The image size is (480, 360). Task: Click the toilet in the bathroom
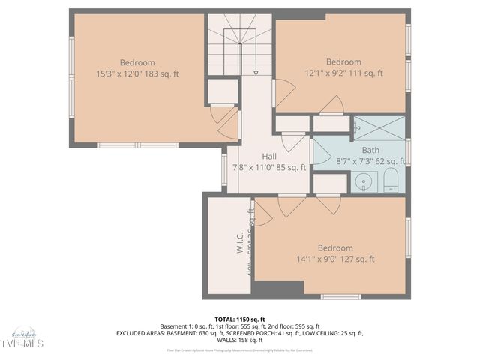point(390,181)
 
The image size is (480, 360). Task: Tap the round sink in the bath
point(366,181)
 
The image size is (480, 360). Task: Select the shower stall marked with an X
point(379,127)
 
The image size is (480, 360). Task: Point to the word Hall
point(269,157)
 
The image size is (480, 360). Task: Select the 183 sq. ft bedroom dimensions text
point(137,73)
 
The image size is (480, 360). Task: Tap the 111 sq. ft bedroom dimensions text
point(343,73)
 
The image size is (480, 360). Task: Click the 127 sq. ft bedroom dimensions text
point(334,259)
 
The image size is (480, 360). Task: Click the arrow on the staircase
point(256,73)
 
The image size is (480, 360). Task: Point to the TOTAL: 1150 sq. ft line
point(240,319)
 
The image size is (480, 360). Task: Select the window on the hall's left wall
point(224,169)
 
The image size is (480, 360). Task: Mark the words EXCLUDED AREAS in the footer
point(139,333)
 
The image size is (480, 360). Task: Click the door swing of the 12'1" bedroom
point(331,106)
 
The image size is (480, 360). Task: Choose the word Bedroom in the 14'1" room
point(334,248)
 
